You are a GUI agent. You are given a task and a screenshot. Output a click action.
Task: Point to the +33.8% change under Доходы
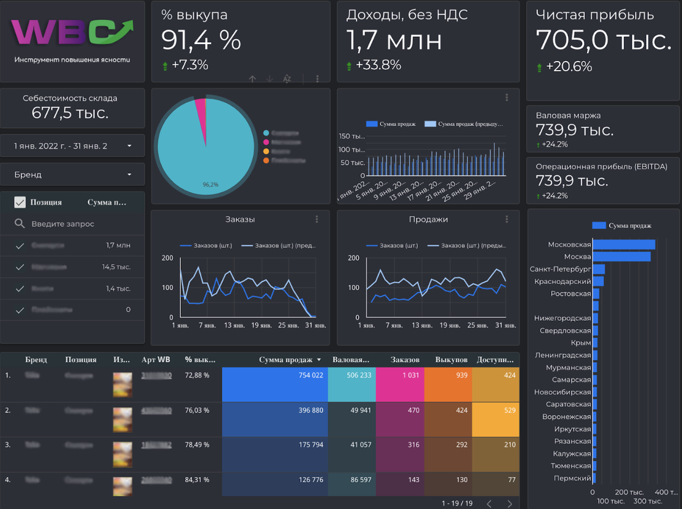pyautogui.click(x=378, y=65)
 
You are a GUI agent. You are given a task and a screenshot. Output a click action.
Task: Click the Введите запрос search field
pyautogui.click(x=63, y=224)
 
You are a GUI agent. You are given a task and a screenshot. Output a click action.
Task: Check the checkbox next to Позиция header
pyautogui.click(x=20, y=202)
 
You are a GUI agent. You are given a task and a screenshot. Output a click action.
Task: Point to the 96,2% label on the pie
pyautogui.click(x=210, y=185)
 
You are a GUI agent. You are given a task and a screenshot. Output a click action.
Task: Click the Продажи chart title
pyautogui.click(x=429, y=219)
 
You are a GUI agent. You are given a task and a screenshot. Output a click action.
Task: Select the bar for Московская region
pyautogui.click(x=623, y=245)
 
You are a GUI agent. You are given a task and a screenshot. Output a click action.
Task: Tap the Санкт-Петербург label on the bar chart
pyautogui.click(x=560, y=269)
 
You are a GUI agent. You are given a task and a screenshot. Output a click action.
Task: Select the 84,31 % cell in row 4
pyautogui.click(x=197, y=480)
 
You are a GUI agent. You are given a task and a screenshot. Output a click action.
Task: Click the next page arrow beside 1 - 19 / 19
pyautogui.click(x=510, y=503)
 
